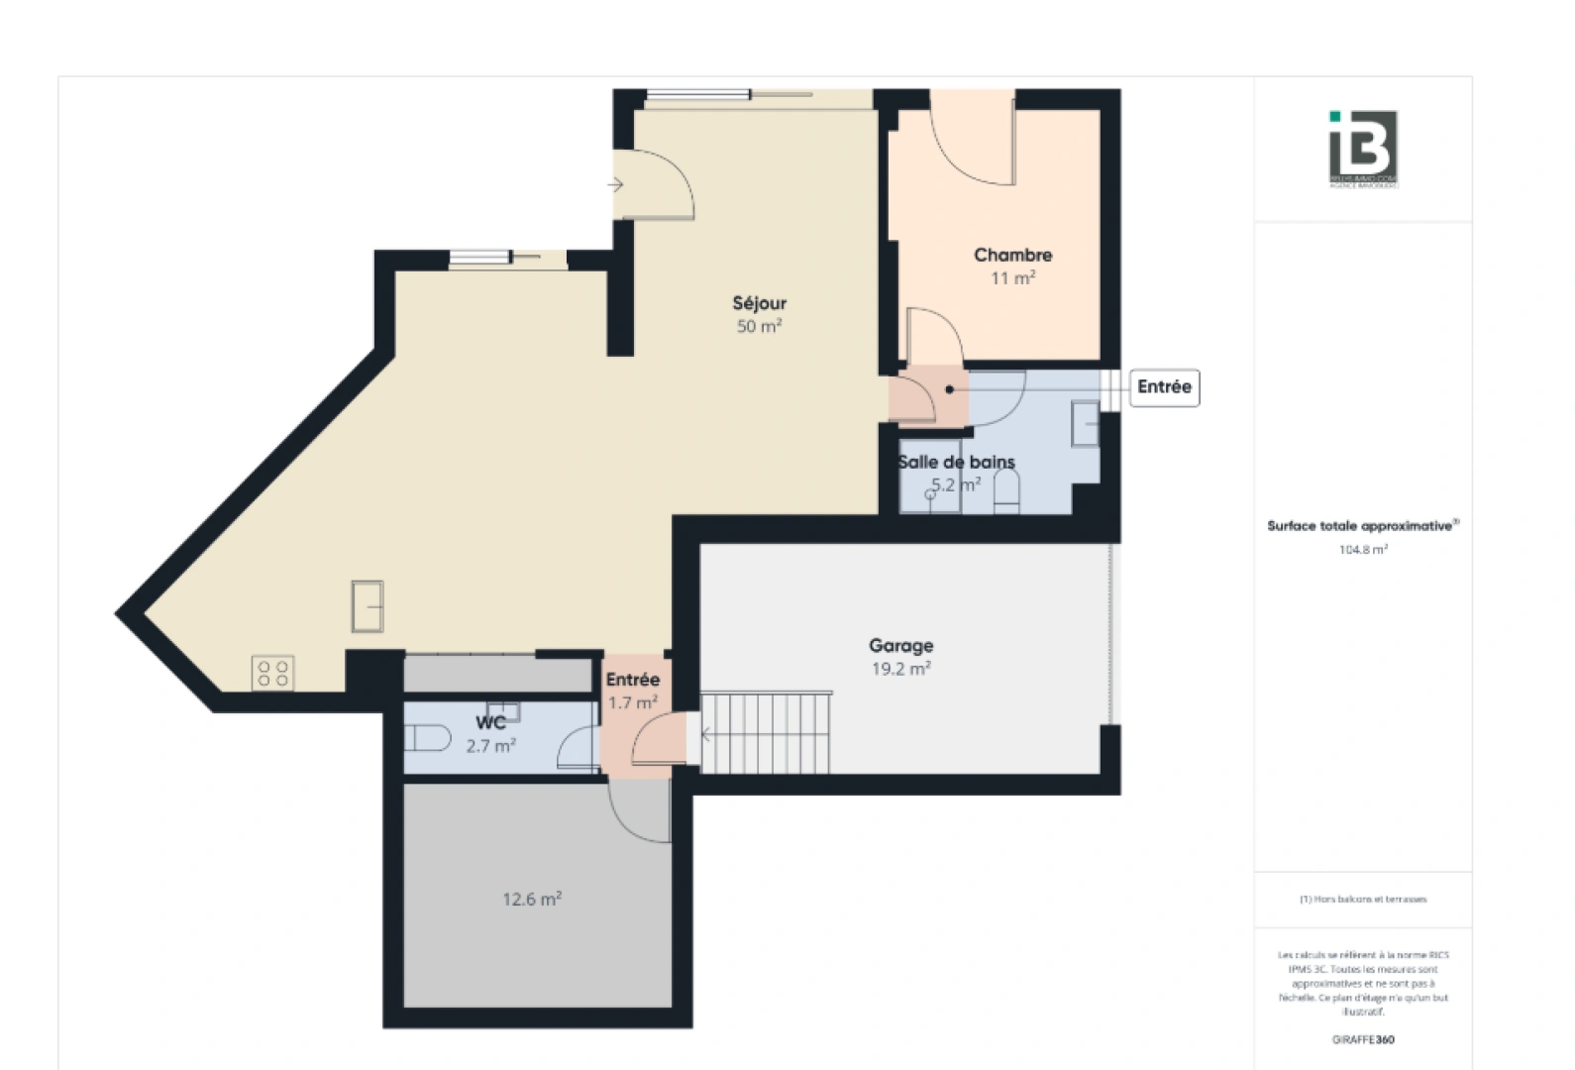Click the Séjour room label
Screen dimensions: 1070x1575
click(x=759, y=303)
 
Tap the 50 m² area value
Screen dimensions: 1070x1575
click(x=759, y=326)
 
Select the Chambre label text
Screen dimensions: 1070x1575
click(x=1012, y=255)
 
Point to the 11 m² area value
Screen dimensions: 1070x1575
click(x=1012, y=278)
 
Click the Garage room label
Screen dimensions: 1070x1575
click(x=900, y=645)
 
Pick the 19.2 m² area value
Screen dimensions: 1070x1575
click(x=900, y=669)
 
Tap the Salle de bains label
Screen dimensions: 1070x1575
click(x=956, y=462)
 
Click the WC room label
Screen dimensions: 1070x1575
click(x=490, y=723)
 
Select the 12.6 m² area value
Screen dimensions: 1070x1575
click(x=532, y=900)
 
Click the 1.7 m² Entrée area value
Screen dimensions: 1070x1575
click(x=632, y=702)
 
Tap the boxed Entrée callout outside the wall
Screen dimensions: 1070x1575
click(x=1164, y=387)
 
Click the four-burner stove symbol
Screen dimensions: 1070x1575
click(x=272, y=674)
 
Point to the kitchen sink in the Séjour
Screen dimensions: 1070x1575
click(x=367, y=605)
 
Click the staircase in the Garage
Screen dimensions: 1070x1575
click(x=766, y=733)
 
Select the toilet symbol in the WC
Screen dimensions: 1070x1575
click(x=427, y=738)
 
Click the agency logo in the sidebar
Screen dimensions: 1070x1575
click(x=1363, y=149)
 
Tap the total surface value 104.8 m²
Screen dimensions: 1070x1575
click(x=1363, y=549)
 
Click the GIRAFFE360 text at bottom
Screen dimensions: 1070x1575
click(x=1363, y=1039)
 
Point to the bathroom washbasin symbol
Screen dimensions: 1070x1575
click(x=1086, y=424)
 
